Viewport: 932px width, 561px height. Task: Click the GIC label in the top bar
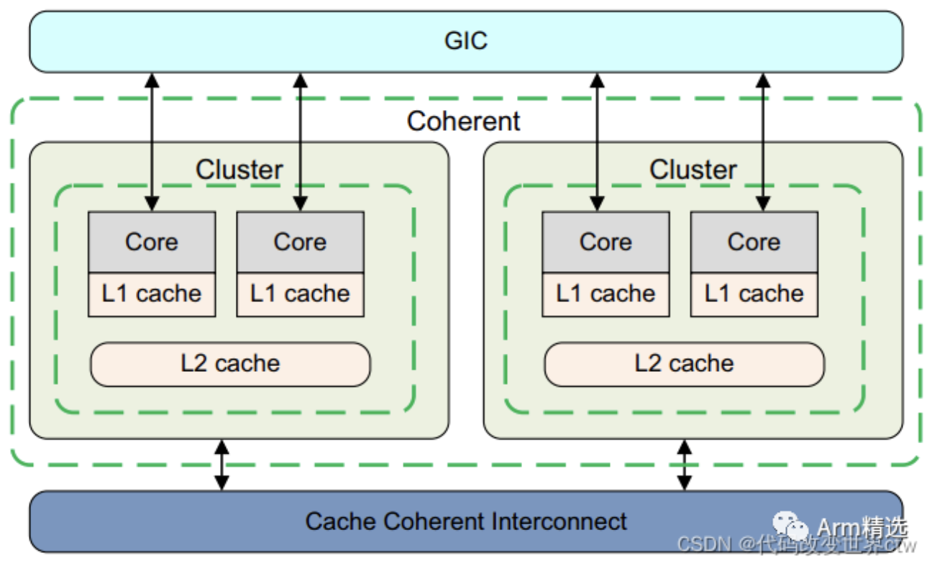(x=466, y=40)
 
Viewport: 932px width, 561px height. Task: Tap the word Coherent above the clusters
(x=463, y=121)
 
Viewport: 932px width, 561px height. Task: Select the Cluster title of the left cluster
(x=239, y=170)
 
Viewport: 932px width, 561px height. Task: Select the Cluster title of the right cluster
(x=693, y=170)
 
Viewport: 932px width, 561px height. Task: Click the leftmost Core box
(x=152, y=242)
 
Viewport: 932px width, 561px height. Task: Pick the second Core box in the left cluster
(x=300, y=242)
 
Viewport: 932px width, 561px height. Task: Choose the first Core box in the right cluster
(x=606, y=242)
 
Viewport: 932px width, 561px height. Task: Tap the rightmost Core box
(x=754, y=242)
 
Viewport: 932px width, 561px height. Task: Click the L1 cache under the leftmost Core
(x=152, y=294)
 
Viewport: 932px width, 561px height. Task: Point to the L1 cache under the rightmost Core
(x=754, y=294)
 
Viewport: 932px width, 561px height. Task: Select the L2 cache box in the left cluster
(x=230, y=364)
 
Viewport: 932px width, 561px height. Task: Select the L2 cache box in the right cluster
(x=684, y=364)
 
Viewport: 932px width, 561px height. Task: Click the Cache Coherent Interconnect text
(x=466, y=521)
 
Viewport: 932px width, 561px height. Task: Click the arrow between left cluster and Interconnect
(x=222, y=465)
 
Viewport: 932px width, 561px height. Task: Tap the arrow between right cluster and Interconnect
(x=685, y=465)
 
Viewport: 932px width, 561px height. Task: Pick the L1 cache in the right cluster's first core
(x=606, y=294)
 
